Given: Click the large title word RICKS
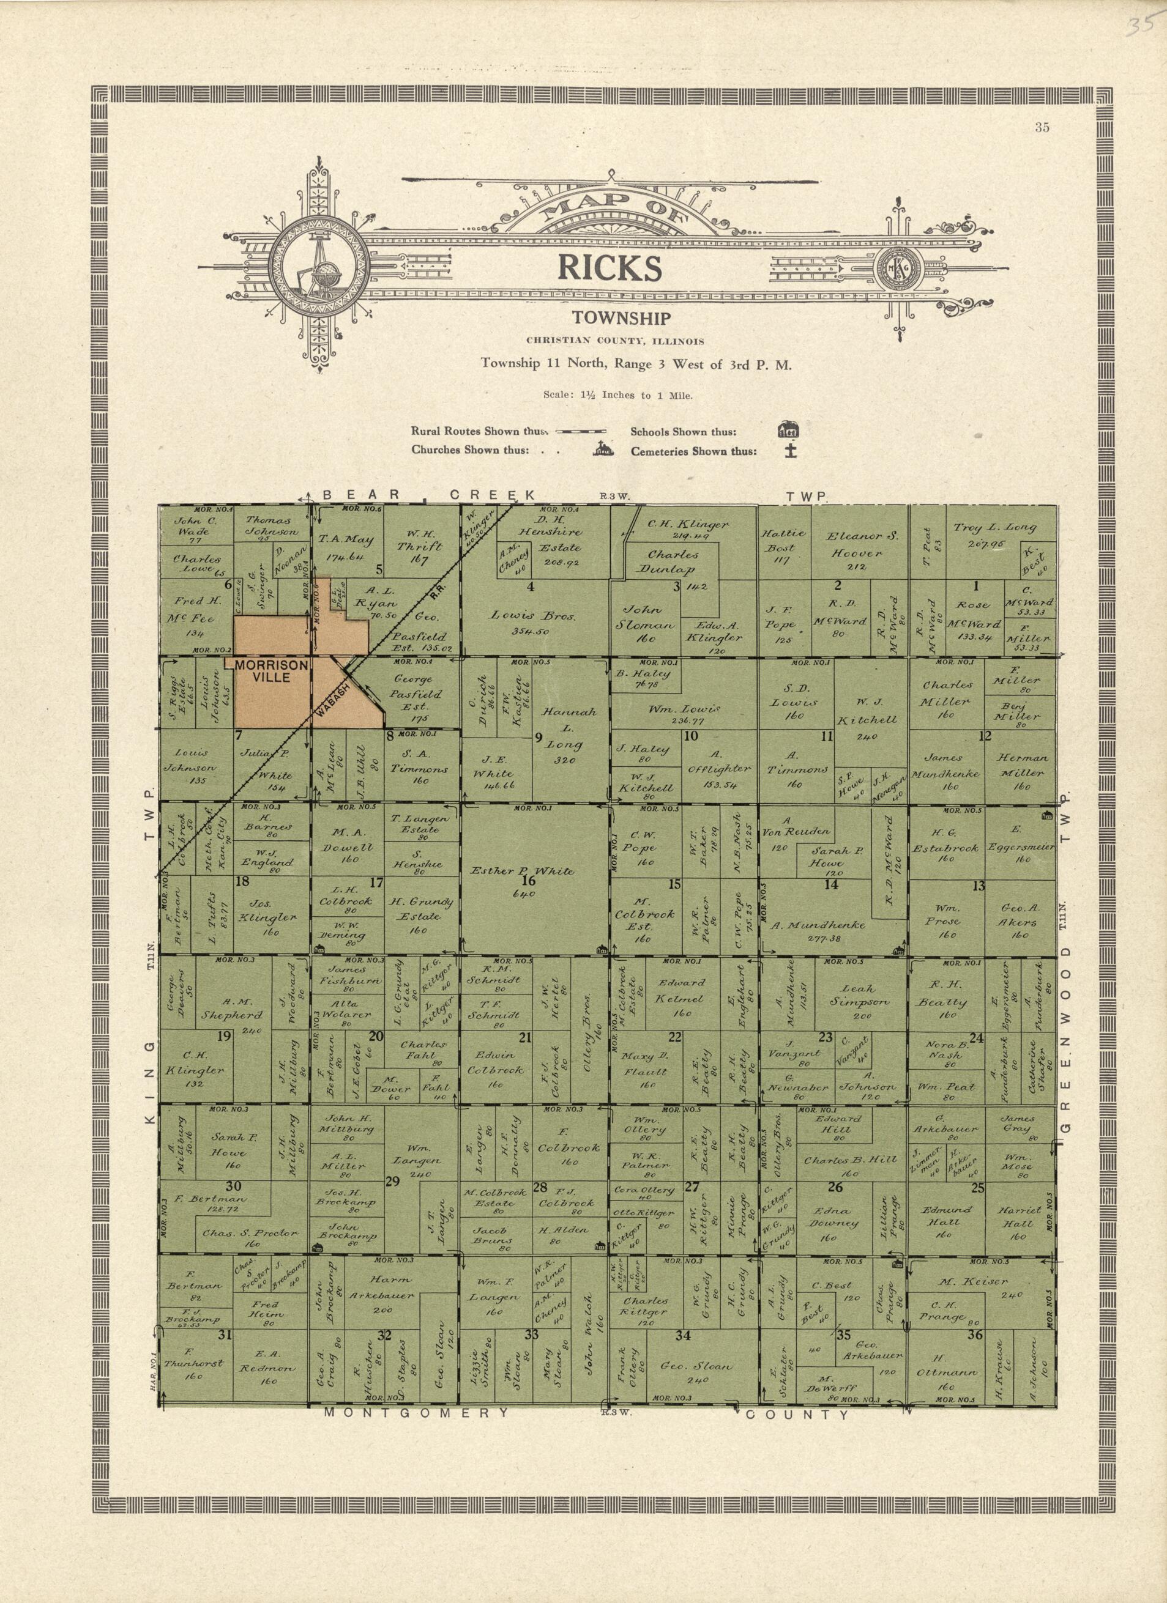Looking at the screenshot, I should [x=610, y=268].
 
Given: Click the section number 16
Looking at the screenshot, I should [x=528, y=881].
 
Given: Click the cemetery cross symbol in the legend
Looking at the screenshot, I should [x=791, y=450].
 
